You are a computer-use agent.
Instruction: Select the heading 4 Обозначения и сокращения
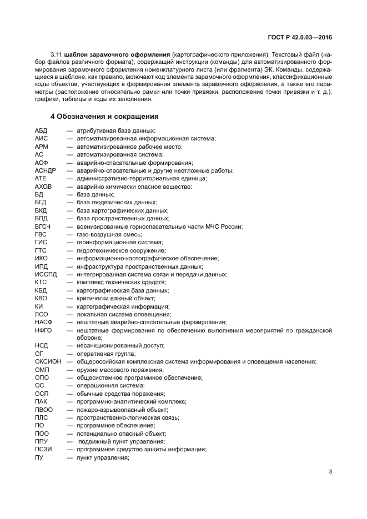click(x=105, y=117)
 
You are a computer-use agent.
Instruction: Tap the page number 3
click(x=330, y=472)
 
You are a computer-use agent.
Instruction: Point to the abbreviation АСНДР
click(x=46, y=170)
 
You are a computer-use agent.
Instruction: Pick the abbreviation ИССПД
click(x=46, y=274)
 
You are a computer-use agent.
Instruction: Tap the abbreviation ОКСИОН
click(x=48, y=362)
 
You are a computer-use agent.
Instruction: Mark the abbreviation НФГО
click(x=43, y=330)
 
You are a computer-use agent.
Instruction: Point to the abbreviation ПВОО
click(x=43, y=410)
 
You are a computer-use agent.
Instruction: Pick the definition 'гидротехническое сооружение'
click(x=121, y=250)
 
